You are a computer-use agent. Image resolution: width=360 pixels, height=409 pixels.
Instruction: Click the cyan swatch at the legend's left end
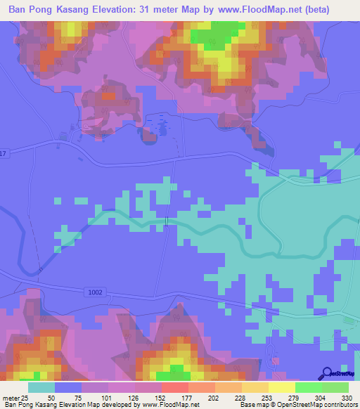tap(41, 387)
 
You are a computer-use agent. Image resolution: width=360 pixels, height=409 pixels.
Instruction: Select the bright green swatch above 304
tap(309, 387)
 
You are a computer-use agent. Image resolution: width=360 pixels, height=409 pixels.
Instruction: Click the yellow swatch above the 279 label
tap(281, 387)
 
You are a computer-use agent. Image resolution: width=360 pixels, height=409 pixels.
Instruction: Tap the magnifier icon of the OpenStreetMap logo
tap(328, 374)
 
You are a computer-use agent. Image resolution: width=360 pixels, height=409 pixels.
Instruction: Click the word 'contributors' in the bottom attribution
tap(341, 405)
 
